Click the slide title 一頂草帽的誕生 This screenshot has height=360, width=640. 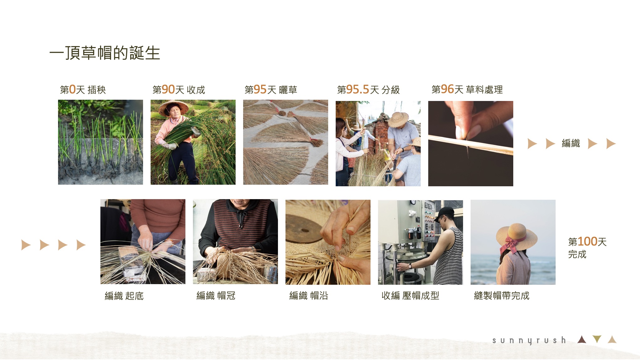coord(105,53)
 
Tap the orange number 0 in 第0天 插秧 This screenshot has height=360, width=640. coord(72,90)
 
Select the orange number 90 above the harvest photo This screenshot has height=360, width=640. coord(168,90)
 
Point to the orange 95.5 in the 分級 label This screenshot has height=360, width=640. coord(358,90)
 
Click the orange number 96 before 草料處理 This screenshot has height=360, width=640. coord(447,89)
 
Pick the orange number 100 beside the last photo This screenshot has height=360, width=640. coord(587,241)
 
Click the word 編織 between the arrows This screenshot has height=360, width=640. coord(571,143)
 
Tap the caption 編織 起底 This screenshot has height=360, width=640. coord(124,296)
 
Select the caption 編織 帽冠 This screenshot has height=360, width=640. coord(216,296)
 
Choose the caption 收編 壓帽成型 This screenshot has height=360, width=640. coord(410,296)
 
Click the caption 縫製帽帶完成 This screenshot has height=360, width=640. coord(502,296)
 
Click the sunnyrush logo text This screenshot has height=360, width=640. coord(529,341)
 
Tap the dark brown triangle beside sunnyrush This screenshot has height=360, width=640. coord(582,340)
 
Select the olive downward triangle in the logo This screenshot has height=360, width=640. coord(597,339)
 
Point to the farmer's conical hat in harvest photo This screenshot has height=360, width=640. coord(173,107)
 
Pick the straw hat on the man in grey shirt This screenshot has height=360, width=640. coord(398,119)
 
